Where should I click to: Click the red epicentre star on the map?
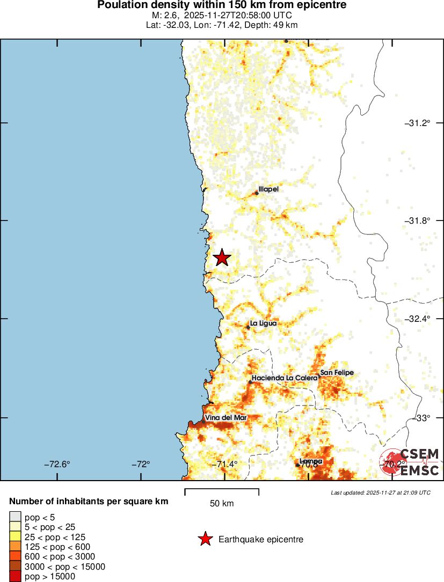click(222, 258)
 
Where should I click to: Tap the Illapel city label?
click(268, 189)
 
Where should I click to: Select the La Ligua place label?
click(263, 324)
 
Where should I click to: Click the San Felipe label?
click(337, 373)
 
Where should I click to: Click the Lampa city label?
click(311, 461)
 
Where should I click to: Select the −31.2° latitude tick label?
click(417, 123)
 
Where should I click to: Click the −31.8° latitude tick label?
click(417, 220)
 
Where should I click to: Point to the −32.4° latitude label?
click(417, 319)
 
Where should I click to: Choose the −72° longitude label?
click(142, 465)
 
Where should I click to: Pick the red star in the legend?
click(205, 539)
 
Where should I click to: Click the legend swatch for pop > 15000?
click(15, 577)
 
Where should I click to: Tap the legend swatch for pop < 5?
click(15, 517)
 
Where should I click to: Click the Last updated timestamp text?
click(380, 492)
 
